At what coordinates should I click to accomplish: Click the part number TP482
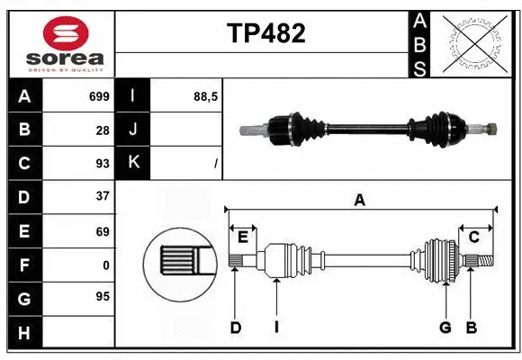265,34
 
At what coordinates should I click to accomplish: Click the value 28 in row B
103,130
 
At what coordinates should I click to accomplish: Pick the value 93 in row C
103,163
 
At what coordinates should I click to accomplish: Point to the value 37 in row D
103,196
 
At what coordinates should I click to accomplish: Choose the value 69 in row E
103,231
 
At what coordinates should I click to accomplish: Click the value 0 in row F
106,265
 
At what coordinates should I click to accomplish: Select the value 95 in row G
103,296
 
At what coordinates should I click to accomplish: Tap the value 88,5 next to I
206,96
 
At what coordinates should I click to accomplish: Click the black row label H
24,333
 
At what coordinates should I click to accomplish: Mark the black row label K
133,163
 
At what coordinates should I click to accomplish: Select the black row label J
133,130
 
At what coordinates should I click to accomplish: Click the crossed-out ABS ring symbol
476,42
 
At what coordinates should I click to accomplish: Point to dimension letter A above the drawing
359,200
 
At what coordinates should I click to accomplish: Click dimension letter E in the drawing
243,236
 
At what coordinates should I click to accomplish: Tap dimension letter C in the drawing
473,236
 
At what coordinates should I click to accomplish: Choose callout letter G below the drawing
445,328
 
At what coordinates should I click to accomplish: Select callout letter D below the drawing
235,328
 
